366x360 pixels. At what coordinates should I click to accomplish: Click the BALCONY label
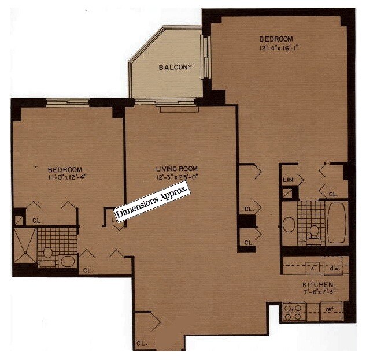click(x=175, y=68)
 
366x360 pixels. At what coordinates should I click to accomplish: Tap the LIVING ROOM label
click(x=174, y=169)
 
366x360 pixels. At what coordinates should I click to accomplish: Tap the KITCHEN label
click(x=317, y=285)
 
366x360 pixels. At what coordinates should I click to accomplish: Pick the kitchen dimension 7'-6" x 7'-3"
click(x=317, y=293)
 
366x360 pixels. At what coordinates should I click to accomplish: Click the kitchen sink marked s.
click(x=313, y=267)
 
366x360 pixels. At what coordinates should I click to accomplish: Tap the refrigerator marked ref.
click(x=330, y=310)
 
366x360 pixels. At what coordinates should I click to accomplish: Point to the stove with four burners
click(x=294, y=313)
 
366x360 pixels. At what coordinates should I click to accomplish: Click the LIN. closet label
click(x=289, y=180)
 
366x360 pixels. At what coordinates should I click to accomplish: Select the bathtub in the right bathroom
click(x=337, y=222)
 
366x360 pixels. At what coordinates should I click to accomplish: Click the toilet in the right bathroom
click(x=314, y=231)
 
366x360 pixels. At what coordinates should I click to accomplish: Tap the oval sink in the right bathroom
click(x=289, y=224)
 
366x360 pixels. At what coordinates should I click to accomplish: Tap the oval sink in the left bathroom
click(x=68, y=261)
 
